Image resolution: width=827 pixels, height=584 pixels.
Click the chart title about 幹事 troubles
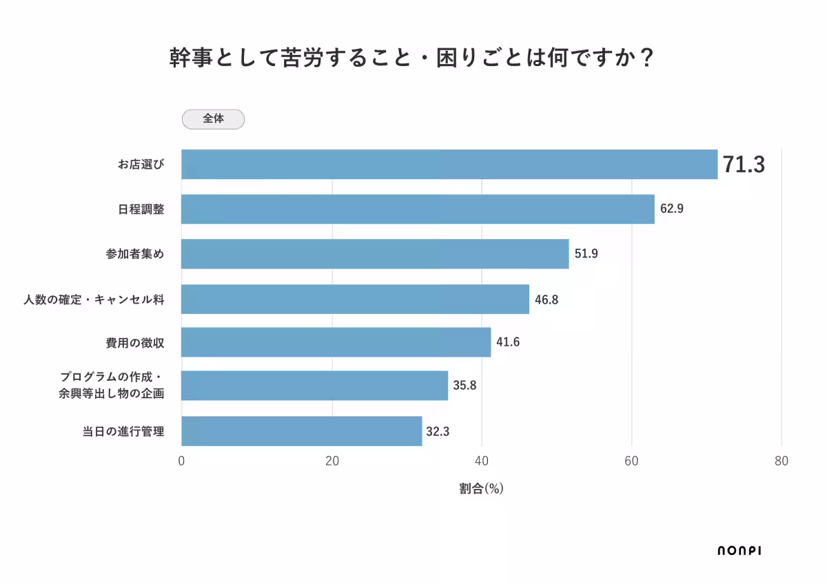click(411, 58)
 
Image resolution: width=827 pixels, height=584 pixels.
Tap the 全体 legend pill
click(213, 119)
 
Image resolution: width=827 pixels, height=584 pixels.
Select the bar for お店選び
click(449, 165)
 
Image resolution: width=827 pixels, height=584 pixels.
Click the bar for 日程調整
click(418, 209)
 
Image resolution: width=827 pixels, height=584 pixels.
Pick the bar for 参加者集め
click(375, 253)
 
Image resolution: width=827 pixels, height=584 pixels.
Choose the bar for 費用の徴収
click(336, 342)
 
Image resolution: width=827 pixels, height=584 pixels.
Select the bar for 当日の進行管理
click(301, 431)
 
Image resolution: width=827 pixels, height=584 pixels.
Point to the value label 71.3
click(744, 165)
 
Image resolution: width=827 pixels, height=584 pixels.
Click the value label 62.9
click(671, 209)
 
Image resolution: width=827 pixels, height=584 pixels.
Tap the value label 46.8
click(546, 299)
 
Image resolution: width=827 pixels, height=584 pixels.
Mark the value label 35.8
click(464, 385)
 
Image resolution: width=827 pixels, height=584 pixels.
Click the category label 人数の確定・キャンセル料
click(93, 299)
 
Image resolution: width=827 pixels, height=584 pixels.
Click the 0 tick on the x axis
click(181, 461)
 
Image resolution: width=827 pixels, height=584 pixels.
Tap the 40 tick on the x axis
click(482, 461)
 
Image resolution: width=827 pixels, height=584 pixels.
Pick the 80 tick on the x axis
click(781, 461)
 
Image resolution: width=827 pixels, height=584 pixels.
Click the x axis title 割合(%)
click(481, 488)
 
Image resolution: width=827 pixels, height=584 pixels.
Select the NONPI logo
click(739, 550)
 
